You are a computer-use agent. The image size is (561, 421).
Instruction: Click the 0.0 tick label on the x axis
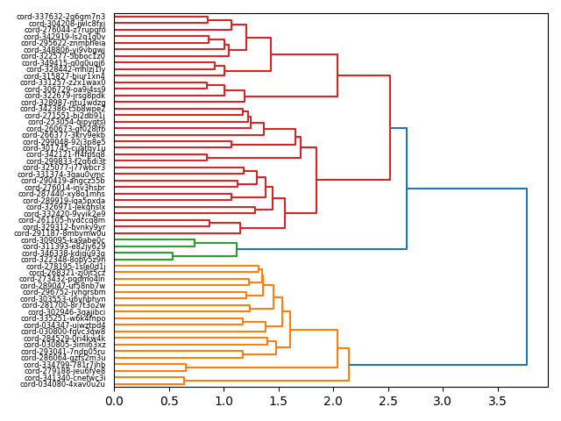(114, 401)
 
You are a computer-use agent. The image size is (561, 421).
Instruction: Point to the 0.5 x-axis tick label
(168, 401)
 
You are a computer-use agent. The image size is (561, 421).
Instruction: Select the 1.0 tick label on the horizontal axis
(223, 401)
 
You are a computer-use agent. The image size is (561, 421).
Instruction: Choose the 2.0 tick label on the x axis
(332, 401)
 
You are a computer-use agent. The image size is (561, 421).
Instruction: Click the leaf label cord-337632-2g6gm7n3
(61, 17)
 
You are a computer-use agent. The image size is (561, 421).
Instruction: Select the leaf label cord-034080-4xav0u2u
(62, 384)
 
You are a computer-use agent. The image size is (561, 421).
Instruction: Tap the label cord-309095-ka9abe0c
(62, 240)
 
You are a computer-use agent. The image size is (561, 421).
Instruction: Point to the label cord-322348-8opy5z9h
(62, 260)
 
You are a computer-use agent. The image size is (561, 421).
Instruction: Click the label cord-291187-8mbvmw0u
(60, 233)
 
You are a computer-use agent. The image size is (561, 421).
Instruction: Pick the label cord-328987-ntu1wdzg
(62, 103)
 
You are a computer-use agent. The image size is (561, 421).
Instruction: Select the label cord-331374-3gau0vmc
(62, 175)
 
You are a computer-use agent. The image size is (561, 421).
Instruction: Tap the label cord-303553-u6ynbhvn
(62, 299)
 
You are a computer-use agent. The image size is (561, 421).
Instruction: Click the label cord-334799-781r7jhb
(62, 365)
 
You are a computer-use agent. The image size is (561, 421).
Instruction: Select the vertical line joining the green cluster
(237, 249)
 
